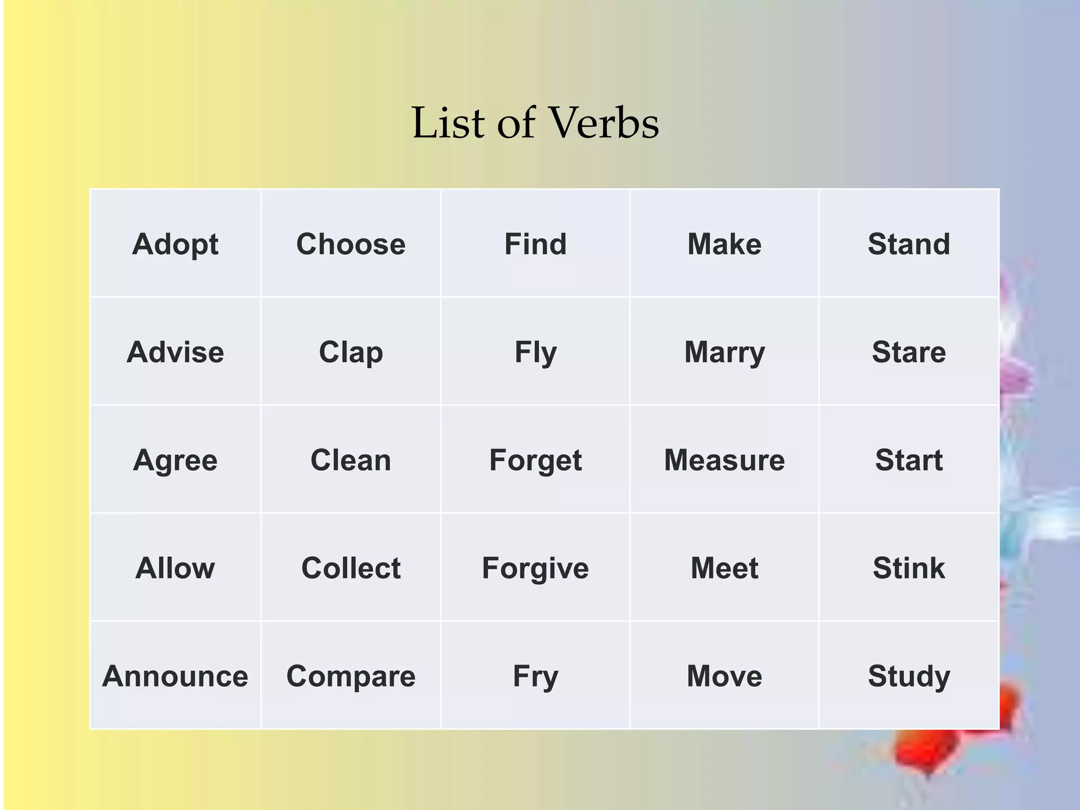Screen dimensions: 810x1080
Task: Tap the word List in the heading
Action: point(448,123)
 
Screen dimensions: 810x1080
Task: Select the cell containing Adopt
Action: point(175,244)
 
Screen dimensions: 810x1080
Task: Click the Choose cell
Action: point(351,244)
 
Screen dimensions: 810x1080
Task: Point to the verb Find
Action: point(535,244)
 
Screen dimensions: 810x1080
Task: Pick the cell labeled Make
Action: point(724,244)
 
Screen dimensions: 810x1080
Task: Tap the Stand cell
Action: point(909,244)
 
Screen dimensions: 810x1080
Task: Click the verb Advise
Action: point(175,352)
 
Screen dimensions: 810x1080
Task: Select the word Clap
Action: point(351,352)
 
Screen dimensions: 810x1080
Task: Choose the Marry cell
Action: point(724,352)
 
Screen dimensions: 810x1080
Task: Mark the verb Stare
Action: point(909,352)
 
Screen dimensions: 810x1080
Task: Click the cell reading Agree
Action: point(175,460)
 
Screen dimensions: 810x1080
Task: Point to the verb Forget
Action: point(535,460)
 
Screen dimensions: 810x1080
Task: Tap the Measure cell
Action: point(724,460)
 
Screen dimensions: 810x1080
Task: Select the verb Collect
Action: point(351,568)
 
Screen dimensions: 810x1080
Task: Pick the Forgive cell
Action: point(535,568)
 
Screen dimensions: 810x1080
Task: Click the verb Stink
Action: point(909,568)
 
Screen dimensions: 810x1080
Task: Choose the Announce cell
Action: point(175,676)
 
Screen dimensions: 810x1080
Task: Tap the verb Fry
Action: point(535,677)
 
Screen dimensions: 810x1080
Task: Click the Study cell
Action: point(909,677)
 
